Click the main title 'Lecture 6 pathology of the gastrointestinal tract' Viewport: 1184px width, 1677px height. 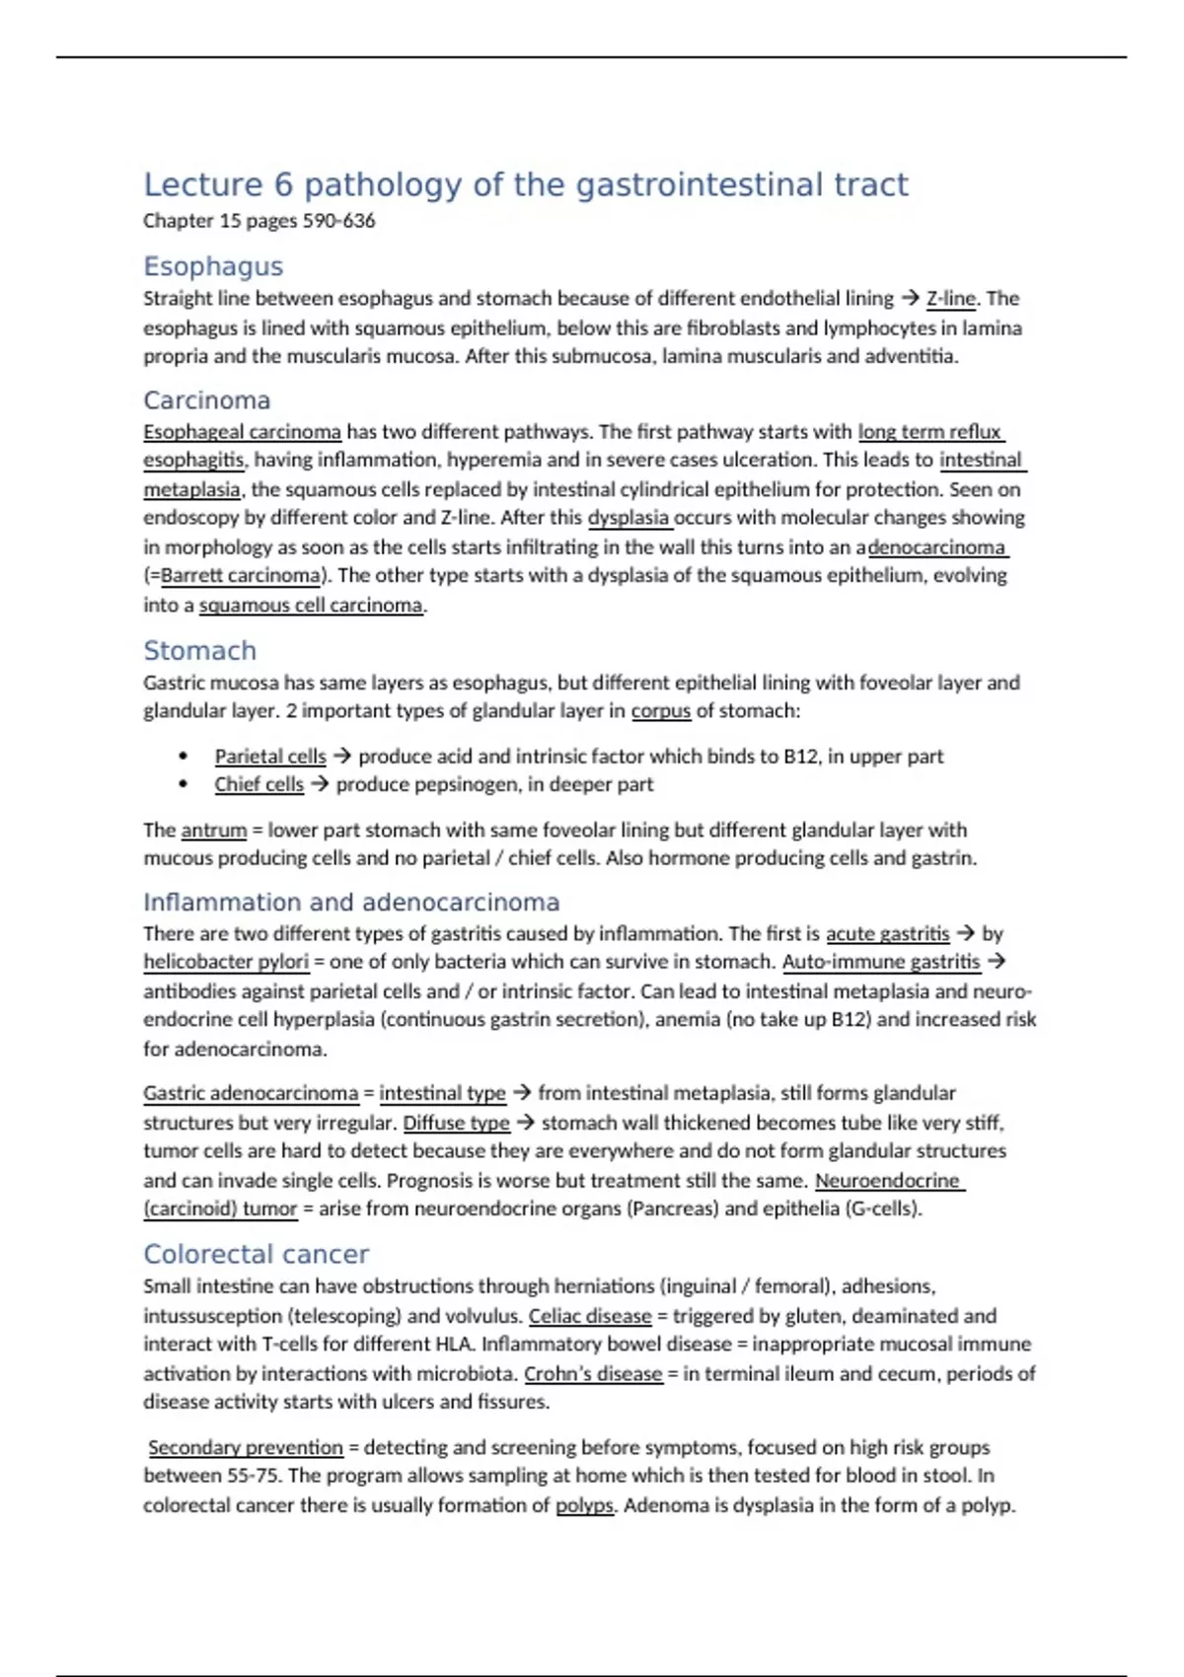point(525,184)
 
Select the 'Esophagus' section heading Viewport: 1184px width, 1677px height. point(213,266)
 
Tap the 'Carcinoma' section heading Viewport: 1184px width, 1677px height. point(206,401)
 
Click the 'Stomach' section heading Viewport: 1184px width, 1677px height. point(199,651)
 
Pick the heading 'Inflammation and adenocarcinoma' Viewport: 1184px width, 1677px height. point(350,903)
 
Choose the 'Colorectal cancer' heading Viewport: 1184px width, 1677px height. point(256,1254)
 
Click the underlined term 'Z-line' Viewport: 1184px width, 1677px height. point(950,299)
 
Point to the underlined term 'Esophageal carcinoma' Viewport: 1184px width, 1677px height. point(242,432)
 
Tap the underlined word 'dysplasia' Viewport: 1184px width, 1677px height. point(629,518)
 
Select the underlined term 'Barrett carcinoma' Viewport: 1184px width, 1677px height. point(241,576)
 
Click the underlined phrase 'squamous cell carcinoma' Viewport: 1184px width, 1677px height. point(310,606)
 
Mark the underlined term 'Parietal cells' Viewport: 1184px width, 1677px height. point(269,757)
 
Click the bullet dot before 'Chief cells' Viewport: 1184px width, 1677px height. point(184,784)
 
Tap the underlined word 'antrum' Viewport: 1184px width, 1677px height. point(213,831)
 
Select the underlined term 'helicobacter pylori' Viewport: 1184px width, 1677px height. point(226,962)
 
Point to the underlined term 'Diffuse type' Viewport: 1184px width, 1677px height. point(456,1123)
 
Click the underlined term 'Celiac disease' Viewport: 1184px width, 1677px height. point(590,1316)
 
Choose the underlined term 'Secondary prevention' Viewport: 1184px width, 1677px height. point(246,1448)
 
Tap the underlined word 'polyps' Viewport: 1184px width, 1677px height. point(584,1505)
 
